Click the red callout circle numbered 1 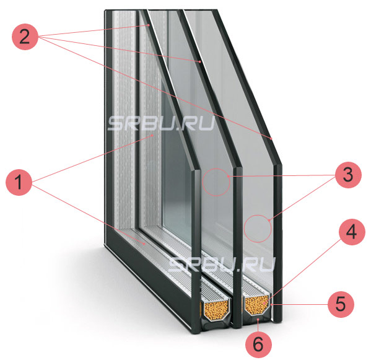pos(19,182)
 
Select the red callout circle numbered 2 pos(25,37)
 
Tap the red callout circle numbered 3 pos(348,175)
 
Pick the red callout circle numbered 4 pos(352,232)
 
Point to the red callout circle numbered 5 pos(341,304)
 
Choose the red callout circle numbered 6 pos(258,345)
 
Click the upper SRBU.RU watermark pos(162,123)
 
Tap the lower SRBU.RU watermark pos(222,264)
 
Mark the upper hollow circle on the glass pos(216,182)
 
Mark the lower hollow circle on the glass pos(258,229)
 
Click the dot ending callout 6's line pos(258,320)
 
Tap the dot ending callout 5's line pos(272,305)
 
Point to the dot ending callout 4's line pos(264,304)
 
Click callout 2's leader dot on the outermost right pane pos(271,139)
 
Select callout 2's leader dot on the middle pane pos(200,62)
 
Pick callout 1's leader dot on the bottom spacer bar pos(145,244)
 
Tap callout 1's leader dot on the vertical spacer pos(153,135)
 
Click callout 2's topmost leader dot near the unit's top pos(149,25)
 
